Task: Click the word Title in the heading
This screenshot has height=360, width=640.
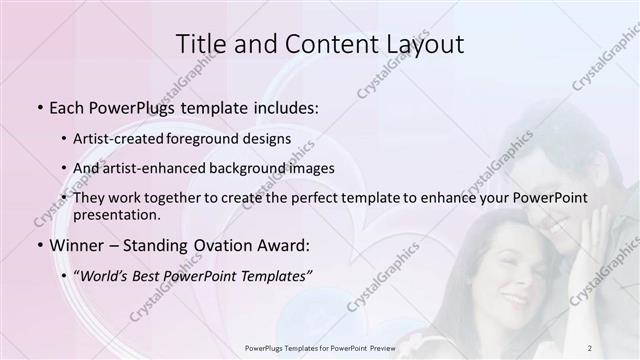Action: coord(202,44)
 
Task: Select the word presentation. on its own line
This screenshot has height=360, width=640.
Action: coord(116,214)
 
